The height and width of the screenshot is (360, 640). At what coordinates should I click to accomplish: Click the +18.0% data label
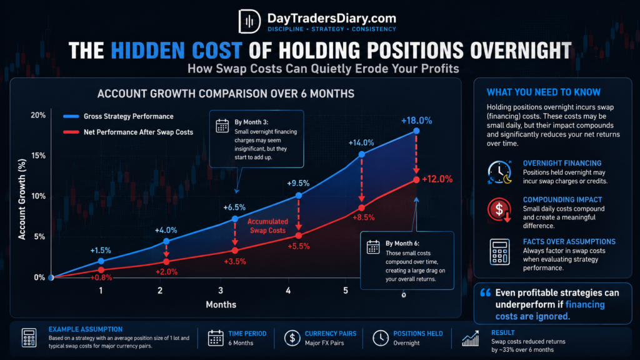pyautogui.click(x=416, y=121)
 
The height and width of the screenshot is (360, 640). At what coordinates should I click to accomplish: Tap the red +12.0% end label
pyautogui.click(x=437, y=179)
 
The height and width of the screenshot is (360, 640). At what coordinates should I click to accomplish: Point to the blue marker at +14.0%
pyautogui.click(x=362, y=154)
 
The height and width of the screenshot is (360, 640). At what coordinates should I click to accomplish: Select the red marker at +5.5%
pyautogui.click(x=299, y=236)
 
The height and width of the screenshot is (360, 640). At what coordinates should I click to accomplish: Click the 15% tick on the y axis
pyautogui.click(x=38, y=156)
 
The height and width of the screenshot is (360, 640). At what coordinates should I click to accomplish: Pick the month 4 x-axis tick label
pyautogui.click(x=288, y=291)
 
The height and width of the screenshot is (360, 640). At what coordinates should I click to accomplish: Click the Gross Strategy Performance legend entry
pyautogui.click(x=118, y=116)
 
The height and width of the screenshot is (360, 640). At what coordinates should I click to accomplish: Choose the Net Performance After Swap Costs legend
pyautogui.click(x=128, y=132)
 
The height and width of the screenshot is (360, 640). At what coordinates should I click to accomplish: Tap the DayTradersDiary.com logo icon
pyautogui.click(x=249, y=21)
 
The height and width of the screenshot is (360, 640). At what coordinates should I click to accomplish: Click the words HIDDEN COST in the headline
pyautogui.click(x=177, y=51)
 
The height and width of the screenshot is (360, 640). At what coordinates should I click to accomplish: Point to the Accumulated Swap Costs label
pyautogui.click(x=267, y=226)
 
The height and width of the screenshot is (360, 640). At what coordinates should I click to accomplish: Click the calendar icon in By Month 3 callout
pyautogui.click(x=222, y=126)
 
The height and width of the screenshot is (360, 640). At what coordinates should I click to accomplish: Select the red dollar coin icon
pyautogui.click(x=499, y=209)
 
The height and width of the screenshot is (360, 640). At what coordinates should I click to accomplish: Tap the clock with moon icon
pyautogui.click(x=499, y=172)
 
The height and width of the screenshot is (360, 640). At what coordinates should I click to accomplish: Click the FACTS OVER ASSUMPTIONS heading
pyautogui.click(x=569, y=242)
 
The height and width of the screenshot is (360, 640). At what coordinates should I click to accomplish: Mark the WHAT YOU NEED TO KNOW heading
pyautogui.click(x=544, y=92)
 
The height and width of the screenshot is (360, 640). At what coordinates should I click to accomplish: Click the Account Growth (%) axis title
pyautogui.click(x=22, y=199)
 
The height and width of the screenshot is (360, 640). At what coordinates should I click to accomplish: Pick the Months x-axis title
pyautogui.click(x=221, y=304)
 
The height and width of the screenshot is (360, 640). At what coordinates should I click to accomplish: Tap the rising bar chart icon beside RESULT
pyautogui.click(x=470, y=338)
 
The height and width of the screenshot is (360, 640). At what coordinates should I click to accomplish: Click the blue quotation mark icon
pyautogui.click(x=485, y=292)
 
